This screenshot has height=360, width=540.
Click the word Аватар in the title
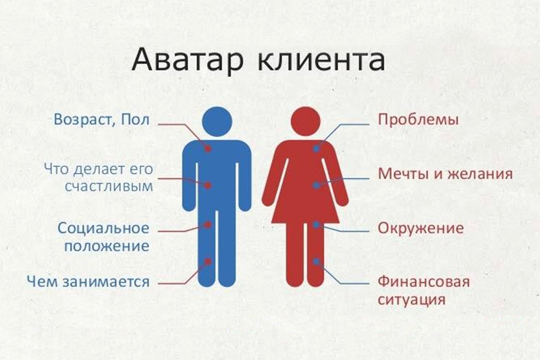click(x=188, y=60)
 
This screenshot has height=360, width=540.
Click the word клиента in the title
click(x=321, y=60)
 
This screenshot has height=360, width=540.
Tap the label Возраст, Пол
click(x=102, y=120)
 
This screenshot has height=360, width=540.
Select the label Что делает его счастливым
click(x=99, y=178)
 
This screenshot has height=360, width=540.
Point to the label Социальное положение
click(x=103, y=237)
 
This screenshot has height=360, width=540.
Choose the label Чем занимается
click(x=88, y=282)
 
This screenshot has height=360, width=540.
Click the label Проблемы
click(x=418, y=120)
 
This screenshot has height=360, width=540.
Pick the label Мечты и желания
click(x=446, y=174)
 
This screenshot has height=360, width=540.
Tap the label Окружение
click(x=421, y=228)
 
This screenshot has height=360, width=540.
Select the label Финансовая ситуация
click(x=424, y=290)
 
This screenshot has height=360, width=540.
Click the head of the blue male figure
click(x=217, y=122)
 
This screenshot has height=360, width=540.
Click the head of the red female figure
click(x=306, y=122)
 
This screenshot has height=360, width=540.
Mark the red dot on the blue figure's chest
click(x=208, y=149)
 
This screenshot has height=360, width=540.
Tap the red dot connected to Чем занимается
click(x=208, y=261)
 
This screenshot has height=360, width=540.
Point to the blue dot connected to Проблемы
click(x=316, y=149)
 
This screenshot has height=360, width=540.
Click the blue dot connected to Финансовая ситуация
click(x=316, y=262)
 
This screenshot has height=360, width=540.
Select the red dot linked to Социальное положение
click(x=208, y=225)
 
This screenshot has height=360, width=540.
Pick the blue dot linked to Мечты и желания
click(x=316, y=185)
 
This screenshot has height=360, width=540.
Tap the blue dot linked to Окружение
click(x=316, y=225)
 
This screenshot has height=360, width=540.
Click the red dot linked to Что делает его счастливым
click(x=208, y=185)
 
